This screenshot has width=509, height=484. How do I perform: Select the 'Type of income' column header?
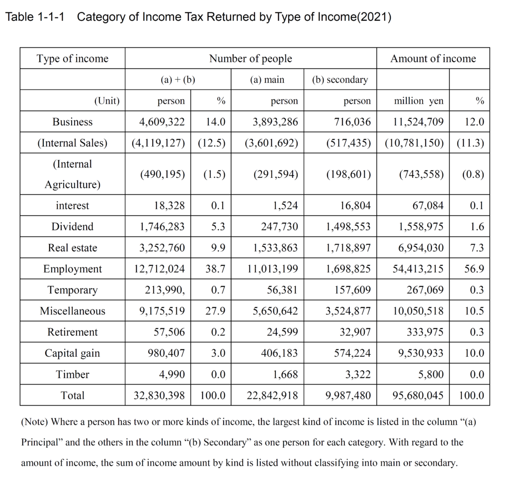pyautogui.click(x=72, y=59)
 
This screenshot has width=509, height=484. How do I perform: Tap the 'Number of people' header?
pyautogui.click(x=251, y=59)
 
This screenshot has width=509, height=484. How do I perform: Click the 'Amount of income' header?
pyautogui.click(x=432, y=59)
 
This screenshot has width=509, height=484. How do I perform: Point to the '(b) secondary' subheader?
pyautogui.click(x=340, y=80)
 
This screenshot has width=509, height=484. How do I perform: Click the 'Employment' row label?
pyautogui.click(x=73, y=269)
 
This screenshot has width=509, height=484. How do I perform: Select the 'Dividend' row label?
pyautogui.click(x=73, y=227)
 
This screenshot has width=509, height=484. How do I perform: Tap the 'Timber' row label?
pyautogui.click(x=73, y=374)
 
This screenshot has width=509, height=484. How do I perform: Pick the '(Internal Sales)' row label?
pyautogui.click(x=73, y=143)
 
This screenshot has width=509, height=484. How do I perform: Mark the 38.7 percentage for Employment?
pyautogui.click(x=215, y=269)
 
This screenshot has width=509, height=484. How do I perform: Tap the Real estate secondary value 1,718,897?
pyautogui.click(x=348, y=248)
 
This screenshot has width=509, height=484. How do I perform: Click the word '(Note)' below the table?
pyautogui.click(x=34, y=422)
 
